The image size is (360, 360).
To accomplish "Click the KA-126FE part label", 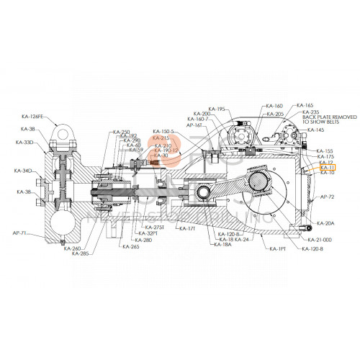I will click(33, 117).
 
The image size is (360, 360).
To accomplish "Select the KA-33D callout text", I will click(24, 143).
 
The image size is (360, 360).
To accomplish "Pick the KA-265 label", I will click(130, 247).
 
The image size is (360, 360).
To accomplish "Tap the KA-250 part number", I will click(121, 132).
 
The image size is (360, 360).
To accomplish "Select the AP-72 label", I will click(328, 196).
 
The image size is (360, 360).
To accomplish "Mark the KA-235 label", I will click(310, 112).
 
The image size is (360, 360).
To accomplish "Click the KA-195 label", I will click(217, 109).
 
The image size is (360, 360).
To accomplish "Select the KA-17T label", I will click(187, 228).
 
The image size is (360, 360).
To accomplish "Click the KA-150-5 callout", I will click(163, 131).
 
